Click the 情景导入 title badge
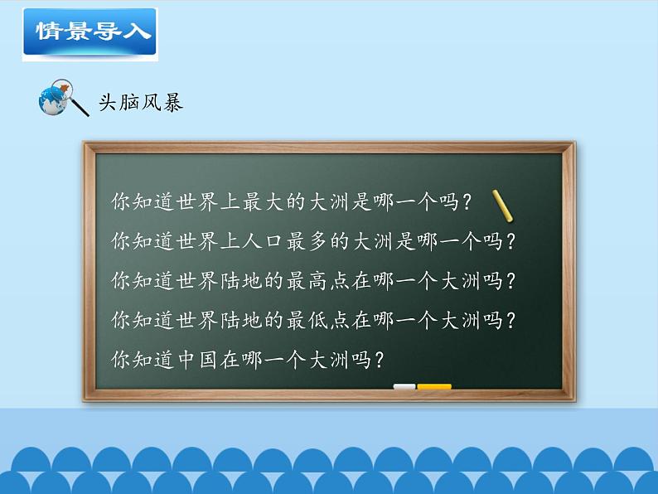89,32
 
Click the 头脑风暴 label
140,102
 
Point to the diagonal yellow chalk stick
502,206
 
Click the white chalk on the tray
404,386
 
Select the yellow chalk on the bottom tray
434,386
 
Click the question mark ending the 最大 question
470,201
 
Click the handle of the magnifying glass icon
80,108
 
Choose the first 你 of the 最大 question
119,201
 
